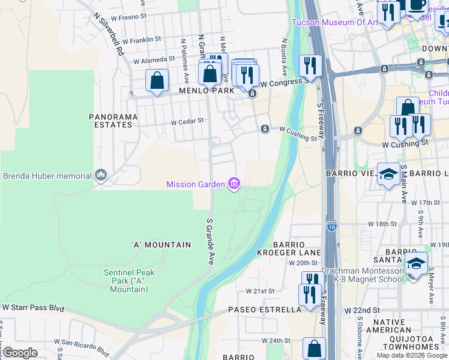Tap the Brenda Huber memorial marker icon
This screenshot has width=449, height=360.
(100, 176)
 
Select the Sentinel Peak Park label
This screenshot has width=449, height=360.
(129, 281)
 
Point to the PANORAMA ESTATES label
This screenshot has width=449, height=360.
(110, 121)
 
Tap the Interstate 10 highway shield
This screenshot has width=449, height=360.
(332, 226)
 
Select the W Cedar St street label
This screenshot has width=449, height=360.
(187, 121)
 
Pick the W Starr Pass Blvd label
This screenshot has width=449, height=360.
(33, 307)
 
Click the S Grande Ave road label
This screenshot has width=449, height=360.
(210, 241)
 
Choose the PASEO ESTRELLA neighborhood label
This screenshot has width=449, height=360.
(264, 310)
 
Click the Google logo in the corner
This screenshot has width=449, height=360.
(20, 353)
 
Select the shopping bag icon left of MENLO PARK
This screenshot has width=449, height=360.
(157, 80)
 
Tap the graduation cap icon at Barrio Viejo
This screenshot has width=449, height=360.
(388, 173)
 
